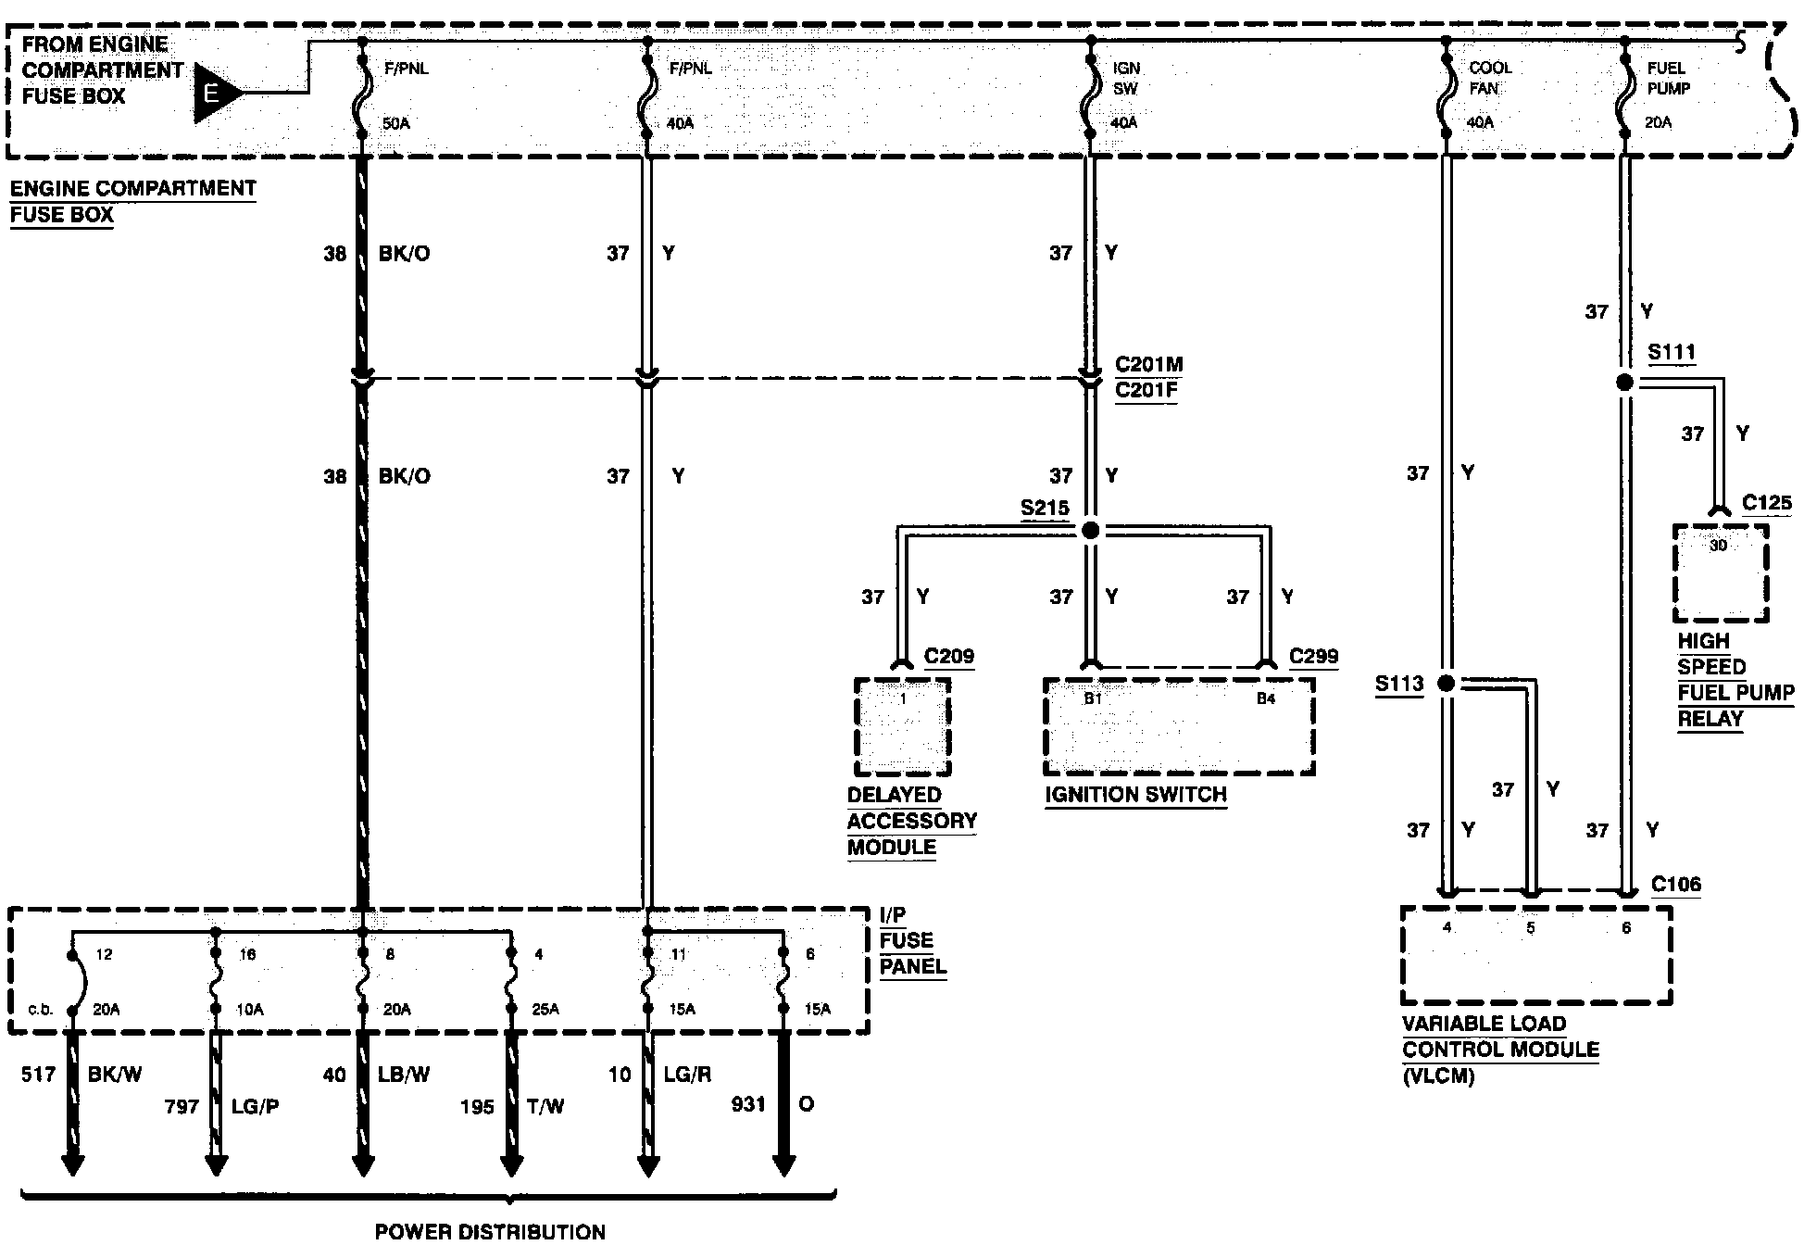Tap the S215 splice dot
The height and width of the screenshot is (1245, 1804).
click(x=1090, y=531)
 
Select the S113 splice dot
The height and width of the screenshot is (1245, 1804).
click(x=1446, y=684)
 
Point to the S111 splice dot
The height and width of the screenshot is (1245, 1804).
click(x=1624, y=382)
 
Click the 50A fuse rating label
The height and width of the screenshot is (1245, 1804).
click(x=395, y=123)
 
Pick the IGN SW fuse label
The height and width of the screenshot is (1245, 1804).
click(x=1126, y=79)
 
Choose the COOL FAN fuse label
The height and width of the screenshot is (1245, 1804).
click(x=1489, y=79)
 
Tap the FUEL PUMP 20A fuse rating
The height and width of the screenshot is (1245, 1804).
click(x=1659, y=122)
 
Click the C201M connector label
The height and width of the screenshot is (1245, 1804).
click(x=1148, y=364)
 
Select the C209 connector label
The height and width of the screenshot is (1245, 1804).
click(x=948, y=657)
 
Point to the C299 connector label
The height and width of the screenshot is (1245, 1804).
click(x=1313, y=657)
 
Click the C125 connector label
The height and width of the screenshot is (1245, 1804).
click(x=1766, y=504)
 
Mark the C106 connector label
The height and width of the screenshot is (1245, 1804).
click(x=1676, y=885)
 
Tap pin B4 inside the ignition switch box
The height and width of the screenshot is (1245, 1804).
click(x=1265, y=699)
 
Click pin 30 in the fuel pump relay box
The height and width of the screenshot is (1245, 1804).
click(x=1718, y=546)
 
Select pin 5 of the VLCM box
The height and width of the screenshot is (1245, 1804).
click(x=1531, y=928)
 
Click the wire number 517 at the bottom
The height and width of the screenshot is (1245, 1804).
click(x=39, y=1075)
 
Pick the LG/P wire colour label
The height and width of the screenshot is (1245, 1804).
click(x=255, y=1106)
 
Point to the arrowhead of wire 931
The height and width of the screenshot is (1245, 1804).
click(x=783, y=1165)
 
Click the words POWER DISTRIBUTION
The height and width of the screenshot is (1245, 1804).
click(x=490, y=1231)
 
